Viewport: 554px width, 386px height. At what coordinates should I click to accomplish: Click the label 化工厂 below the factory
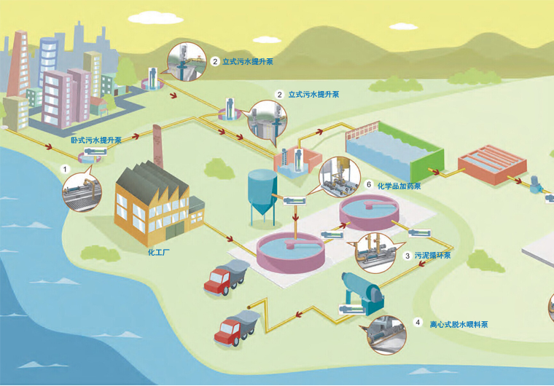158,253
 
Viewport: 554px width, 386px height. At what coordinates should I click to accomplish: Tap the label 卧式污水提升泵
96,139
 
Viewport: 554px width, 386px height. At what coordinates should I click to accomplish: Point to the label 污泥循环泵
433,256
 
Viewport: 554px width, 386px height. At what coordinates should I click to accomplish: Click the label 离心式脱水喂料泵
459,323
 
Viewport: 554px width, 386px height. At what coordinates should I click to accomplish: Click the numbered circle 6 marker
370,185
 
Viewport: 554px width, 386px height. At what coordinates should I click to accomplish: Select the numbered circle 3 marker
407,256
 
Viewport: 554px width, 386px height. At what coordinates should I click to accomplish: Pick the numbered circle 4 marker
418,323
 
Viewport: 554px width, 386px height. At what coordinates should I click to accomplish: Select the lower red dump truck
236,326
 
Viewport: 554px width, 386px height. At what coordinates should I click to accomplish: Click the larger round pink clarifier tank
290,253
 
